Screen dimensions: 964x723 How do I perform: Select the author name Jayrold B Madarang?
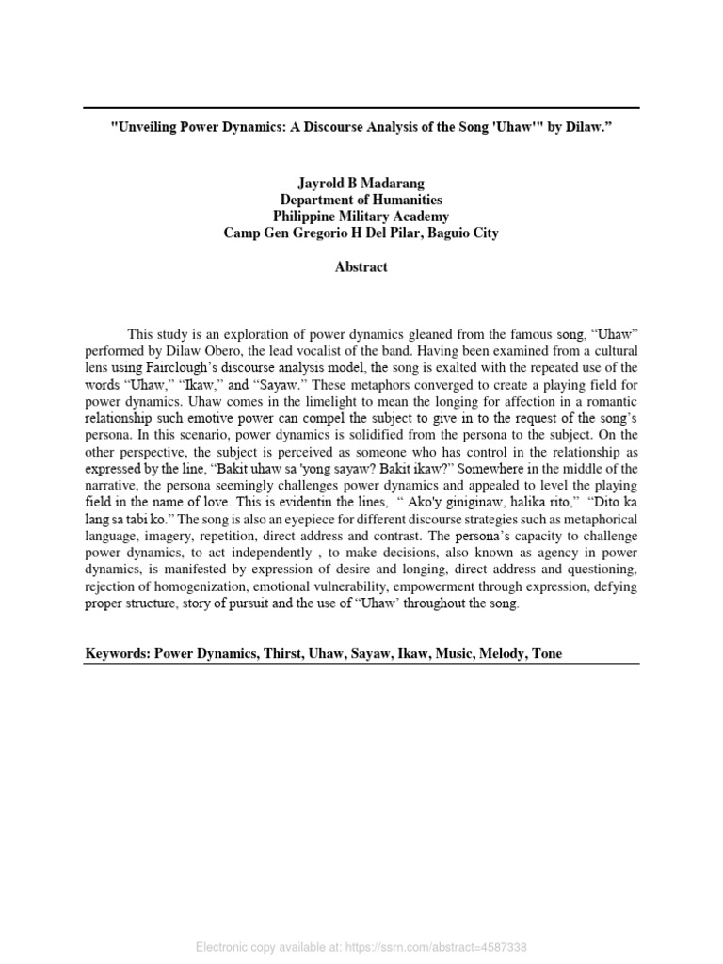tap(361, 183)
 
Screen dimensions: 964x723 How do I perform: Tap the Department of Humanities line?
tap(361, 200)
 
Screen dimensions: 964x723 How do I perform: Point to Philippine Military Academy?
tap(361, 217)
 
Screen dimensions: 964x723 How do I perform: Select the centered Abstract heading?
tap(361, 267)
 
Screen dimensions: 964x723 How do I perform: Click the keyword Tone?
tap(546, 652)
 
